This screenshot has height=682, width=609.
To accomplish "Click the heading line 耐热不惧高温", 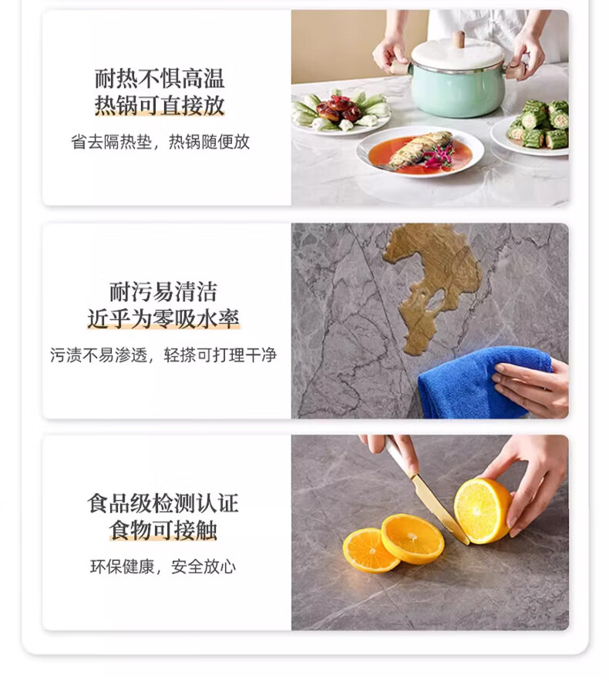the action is click(x=160, y=79).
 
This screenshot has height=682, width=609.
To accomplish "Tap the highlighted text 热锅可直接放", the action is click(x=160, y=106).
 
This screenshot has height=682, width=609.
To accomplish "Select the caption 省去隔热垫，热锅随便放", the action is click(x=160, y=142).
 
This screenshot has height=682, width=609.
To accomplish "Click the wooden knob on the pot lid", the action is click(x=458, y=40).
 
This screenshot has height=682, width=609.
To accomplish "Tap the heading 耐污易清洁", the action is click(x=163, y=292).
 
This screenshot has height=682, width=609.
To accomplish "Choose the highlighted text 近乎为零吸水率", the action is click(x=163, y=319).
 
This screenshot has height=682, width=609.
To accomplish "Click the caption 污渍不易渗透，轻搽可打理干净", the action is click(x=163, y=355).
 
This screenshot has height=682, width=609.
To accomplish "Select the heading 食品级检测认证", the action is click(x=163, y=504).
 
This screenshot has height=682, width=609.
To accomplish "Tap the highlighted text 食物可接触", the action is click(x=163, y=531).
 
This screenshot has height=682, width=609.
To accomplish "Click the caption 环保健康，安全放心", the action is click(x=163, y=566).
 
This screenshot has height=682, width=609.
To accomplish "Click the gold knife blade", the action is click(x=439, y=509).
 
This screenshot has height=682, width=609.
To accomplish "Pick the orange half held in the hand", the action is click(x=482, y=511).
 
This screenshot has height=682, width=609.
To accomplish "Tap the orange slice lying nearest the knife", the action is click(x=413, y=539).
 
